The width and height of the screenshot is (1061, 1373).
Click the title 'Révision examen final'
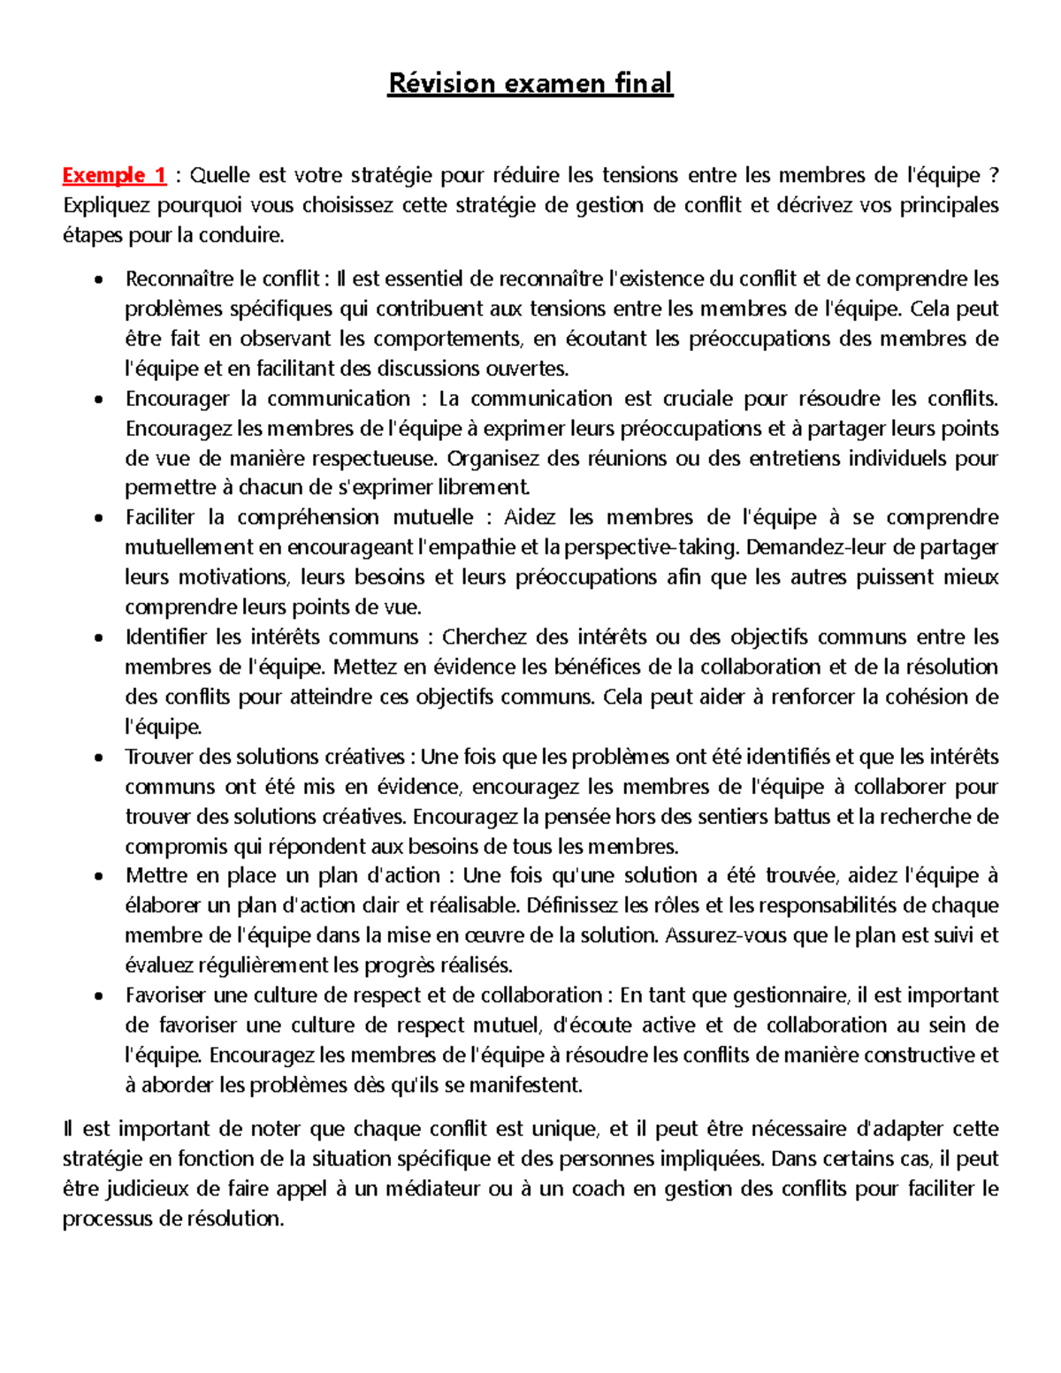point(530,83)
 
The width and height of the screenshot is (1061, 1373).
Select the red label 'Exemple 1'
point(114,175)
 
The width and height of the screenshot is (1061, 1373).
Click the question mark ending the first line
point(994,175)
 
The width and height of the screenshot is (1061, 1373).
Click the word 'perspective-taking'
point(651,547)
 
